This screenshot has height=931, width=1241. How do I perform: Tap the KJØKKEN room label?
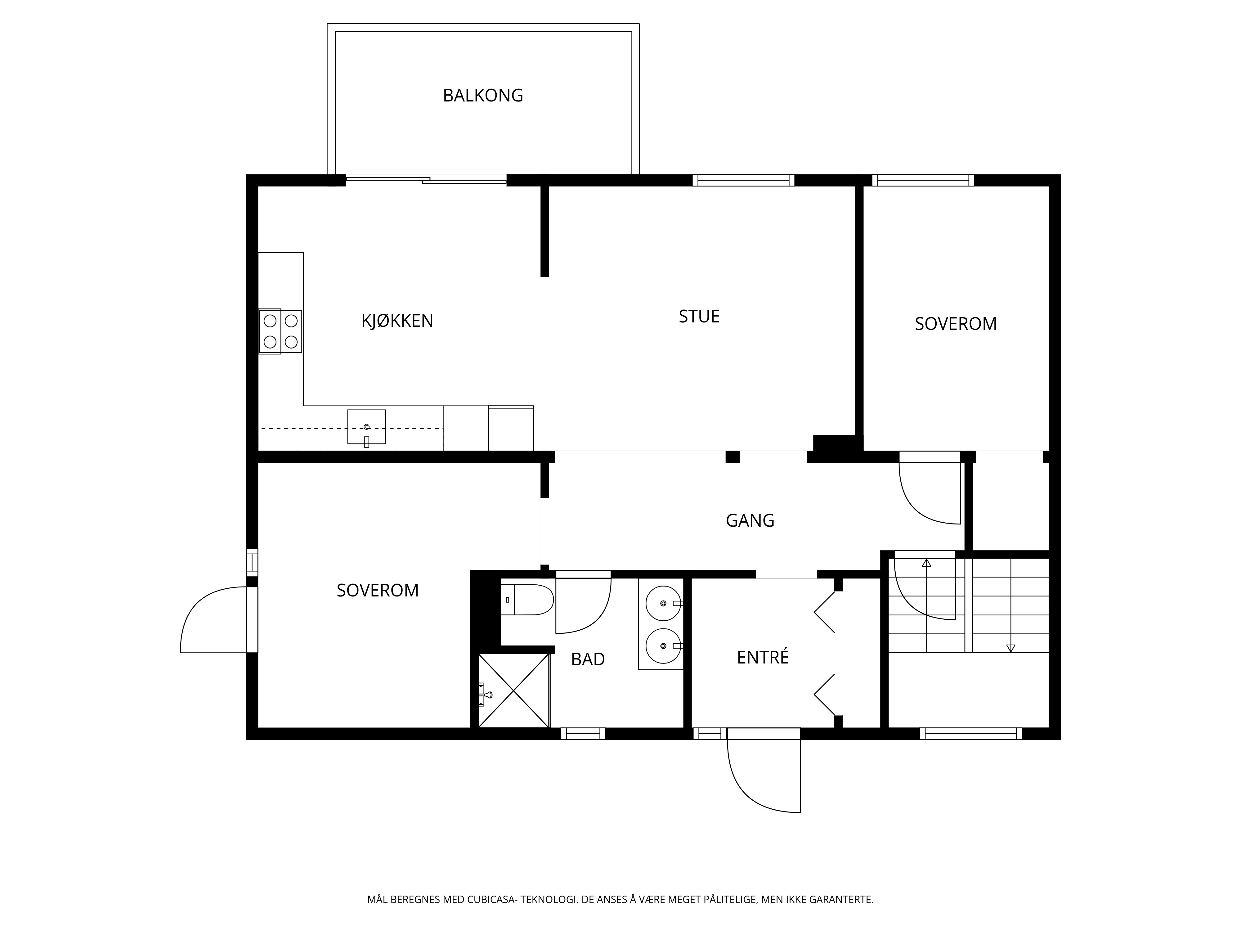(397, 321)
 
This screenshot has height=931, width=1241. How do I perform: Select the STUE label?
(699, 317)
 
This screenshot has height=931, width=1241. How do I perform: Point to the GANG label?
(750, 521)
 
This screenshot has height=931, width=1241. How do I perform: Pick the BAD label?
(588, 659)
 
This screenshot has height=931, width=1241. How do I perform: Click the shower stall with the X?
(513, 690)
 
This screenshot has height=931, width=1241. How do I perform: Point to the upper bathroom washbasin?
(664, 603)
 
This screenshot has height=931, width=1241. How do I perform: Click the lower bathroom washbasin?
(664, 646)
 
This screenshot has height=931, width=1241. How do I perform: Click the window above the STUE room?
(743, 180)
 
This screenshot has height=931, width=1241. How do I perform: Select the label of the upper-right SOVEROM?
(956, 324)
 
